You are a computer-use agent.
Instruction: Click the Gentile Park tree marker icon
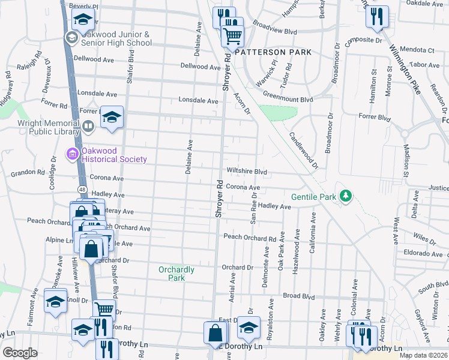pyautogui.click(x=345, y=196)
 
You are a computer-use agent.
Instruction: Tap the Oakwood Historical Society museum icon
pyautogui.click(x=73, y=155)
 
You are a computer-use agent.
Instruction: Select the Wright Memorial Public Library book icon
pyautogui.click(x=88, y=126)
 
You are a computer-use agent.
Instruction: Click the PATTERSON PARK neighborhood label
pyautogui.click(x=273, y=52)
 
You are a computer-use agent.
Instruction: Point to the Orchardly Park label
pyautogui.click(x=176, y=274)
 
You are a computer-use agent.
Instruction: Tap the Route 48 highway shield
pyautogui.click(x=82, y=189)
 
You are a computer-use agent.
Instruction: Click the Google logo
pyautogui.click(x=20, y=352)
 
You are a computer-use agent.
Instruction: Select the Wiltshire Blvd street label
pyautogui.click(x=246, y=171)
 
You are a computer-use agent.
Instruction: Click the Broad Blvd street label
pyautogui.click(x=299, y=296)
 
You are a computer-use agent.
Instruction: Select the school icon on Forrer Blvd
pyautogui.click(x=112, y=117)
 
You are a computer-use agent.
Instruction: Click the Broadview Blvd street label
pyautogui.click(x=275, y=31)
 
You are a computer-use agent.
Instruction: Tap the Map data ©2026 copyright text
pyautogui.click(x=423, y=355)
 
